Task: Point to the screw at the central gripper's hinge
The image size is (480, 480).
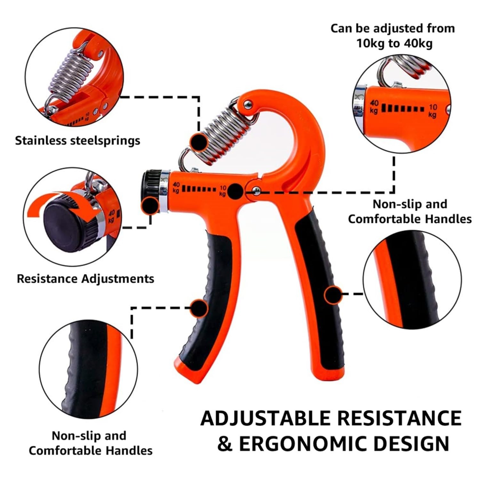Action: click(x=255, y=191)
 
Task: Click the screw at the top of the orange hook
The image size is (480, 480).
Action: click(x=247, y=104)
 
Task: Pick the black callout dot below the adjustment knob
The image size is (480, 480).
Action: click(x=151, y=205)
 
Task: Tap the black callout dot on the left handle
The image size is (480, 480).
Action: click(x=199, y=308)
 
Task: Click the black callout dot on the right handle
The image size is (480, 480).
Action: click(x=333, y=295)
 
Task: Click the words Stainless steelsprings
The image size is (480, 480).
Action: click(x=77, y=141)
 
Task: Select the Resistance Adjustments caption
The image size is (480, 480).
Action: click(x=85, y=279)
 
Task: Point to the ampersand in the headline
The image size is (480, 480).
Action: click(x=225, y=444)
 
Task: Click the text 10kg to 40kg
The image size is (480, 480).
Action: click(x=394, y=43)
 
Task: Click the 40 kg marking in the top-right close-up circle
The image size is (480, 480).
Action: click(x=374, y=107)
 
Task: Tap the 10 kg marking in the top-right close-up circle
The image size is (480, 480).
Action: click(x=433, y=110)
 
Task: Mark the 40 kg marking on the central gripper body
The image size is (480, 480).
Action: click(x=176, y=188)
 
